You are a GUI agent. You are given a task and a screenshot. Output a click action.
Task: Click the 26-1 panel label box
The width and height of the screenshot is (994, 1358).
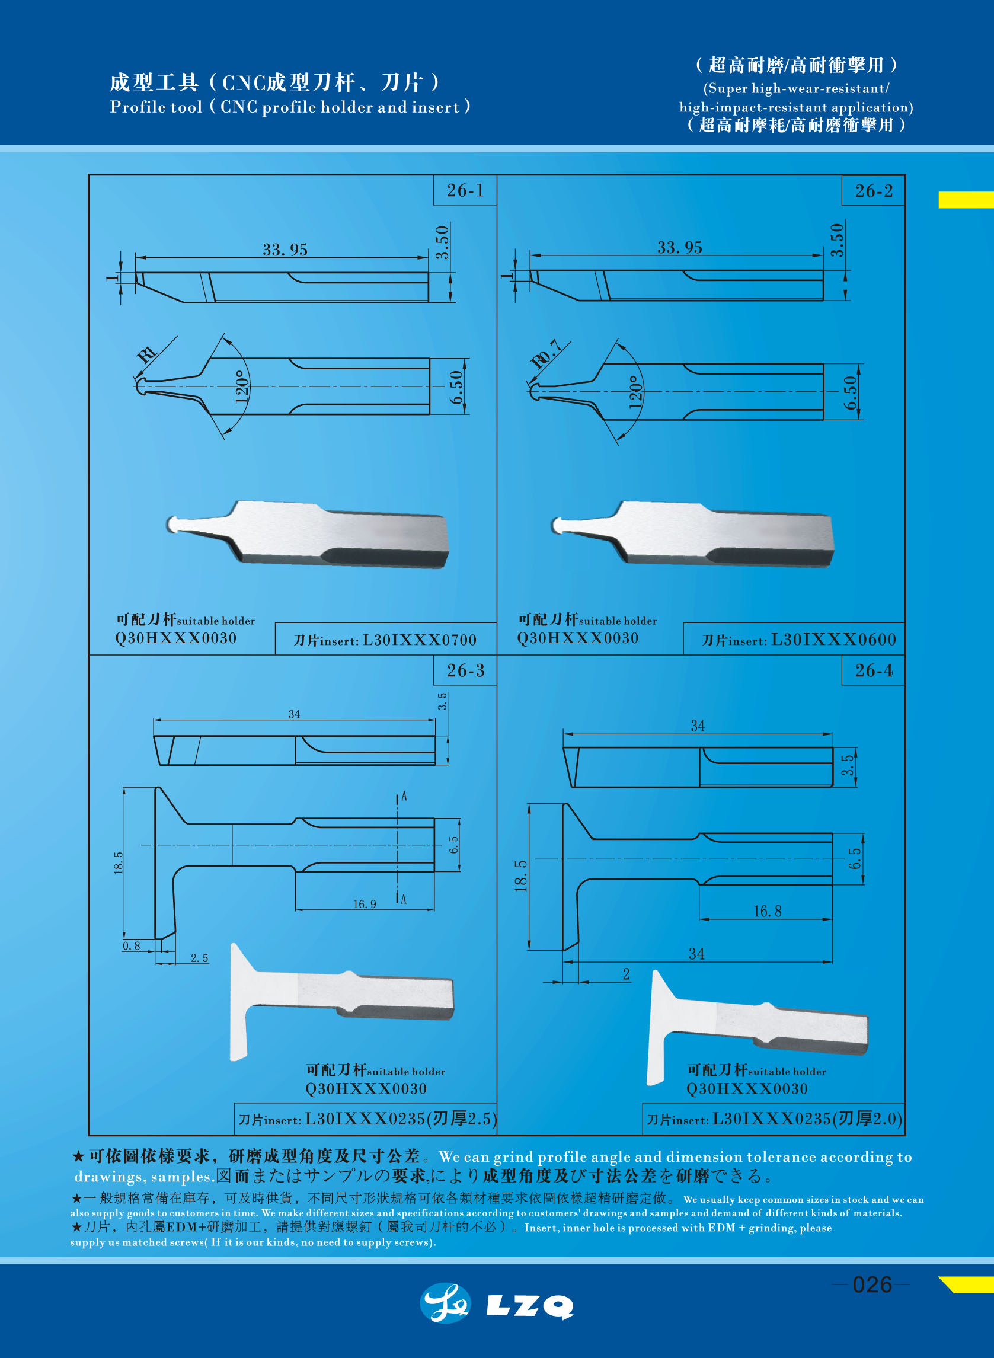coord(465,190)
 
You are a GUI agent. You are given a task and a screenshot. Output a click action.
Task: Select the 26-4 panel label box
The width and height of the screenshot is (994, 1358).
coord(873,670)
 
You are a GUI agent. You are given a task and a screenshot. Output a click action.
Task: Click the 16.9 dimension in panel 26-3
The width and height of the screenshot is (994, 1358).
coord(364,905)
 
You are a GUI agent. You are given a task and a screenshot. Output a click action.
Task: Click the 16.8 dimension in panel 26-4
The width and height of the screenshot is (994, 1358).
coord(767,912)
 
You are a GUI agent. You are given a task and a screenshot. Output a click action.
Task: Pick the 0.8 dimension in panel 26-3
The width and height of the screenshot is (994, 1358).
coord(131,946)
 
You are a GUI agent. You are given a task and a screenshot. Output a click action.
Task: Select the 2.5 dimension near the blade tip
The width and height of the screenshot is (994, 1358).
coord(199,958)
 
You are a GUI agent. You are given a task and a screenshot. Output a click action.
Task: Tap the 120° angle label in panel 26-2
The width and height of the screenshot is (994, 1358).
coord(635,392)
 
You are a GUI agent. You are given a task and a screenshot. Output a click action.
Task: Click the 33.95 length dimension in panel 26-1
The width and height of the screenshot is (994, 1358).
coord(285,250)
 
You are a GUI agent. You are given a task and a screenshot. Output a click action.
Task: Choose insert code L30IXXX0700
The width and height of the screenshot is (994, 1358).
coord(419,640)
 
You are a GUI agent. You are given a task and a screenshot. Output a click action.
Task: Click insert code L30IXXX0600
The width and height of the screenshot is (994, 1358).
coord(833,640)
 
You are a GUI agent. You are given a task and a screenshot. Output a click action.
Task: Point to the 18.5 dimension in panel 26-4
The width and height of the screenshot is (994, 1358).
coord(521,875)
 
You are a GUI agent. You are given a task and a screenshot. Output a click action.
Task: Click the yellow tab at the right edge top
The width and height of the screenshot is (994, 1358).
coord(965,200)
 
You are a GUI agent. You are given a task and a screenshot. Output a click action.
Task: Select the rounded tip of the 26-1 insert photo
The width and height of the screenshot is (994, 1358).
coord(172,524)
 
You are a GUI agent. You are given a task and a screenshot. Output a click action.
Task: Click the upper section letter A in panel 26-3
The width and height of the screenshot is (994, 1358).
coord(404,797)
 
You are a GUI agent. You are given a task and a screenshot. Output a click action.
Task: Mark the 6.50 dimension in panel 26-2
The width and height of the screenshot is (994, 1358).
coord(849,392)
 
